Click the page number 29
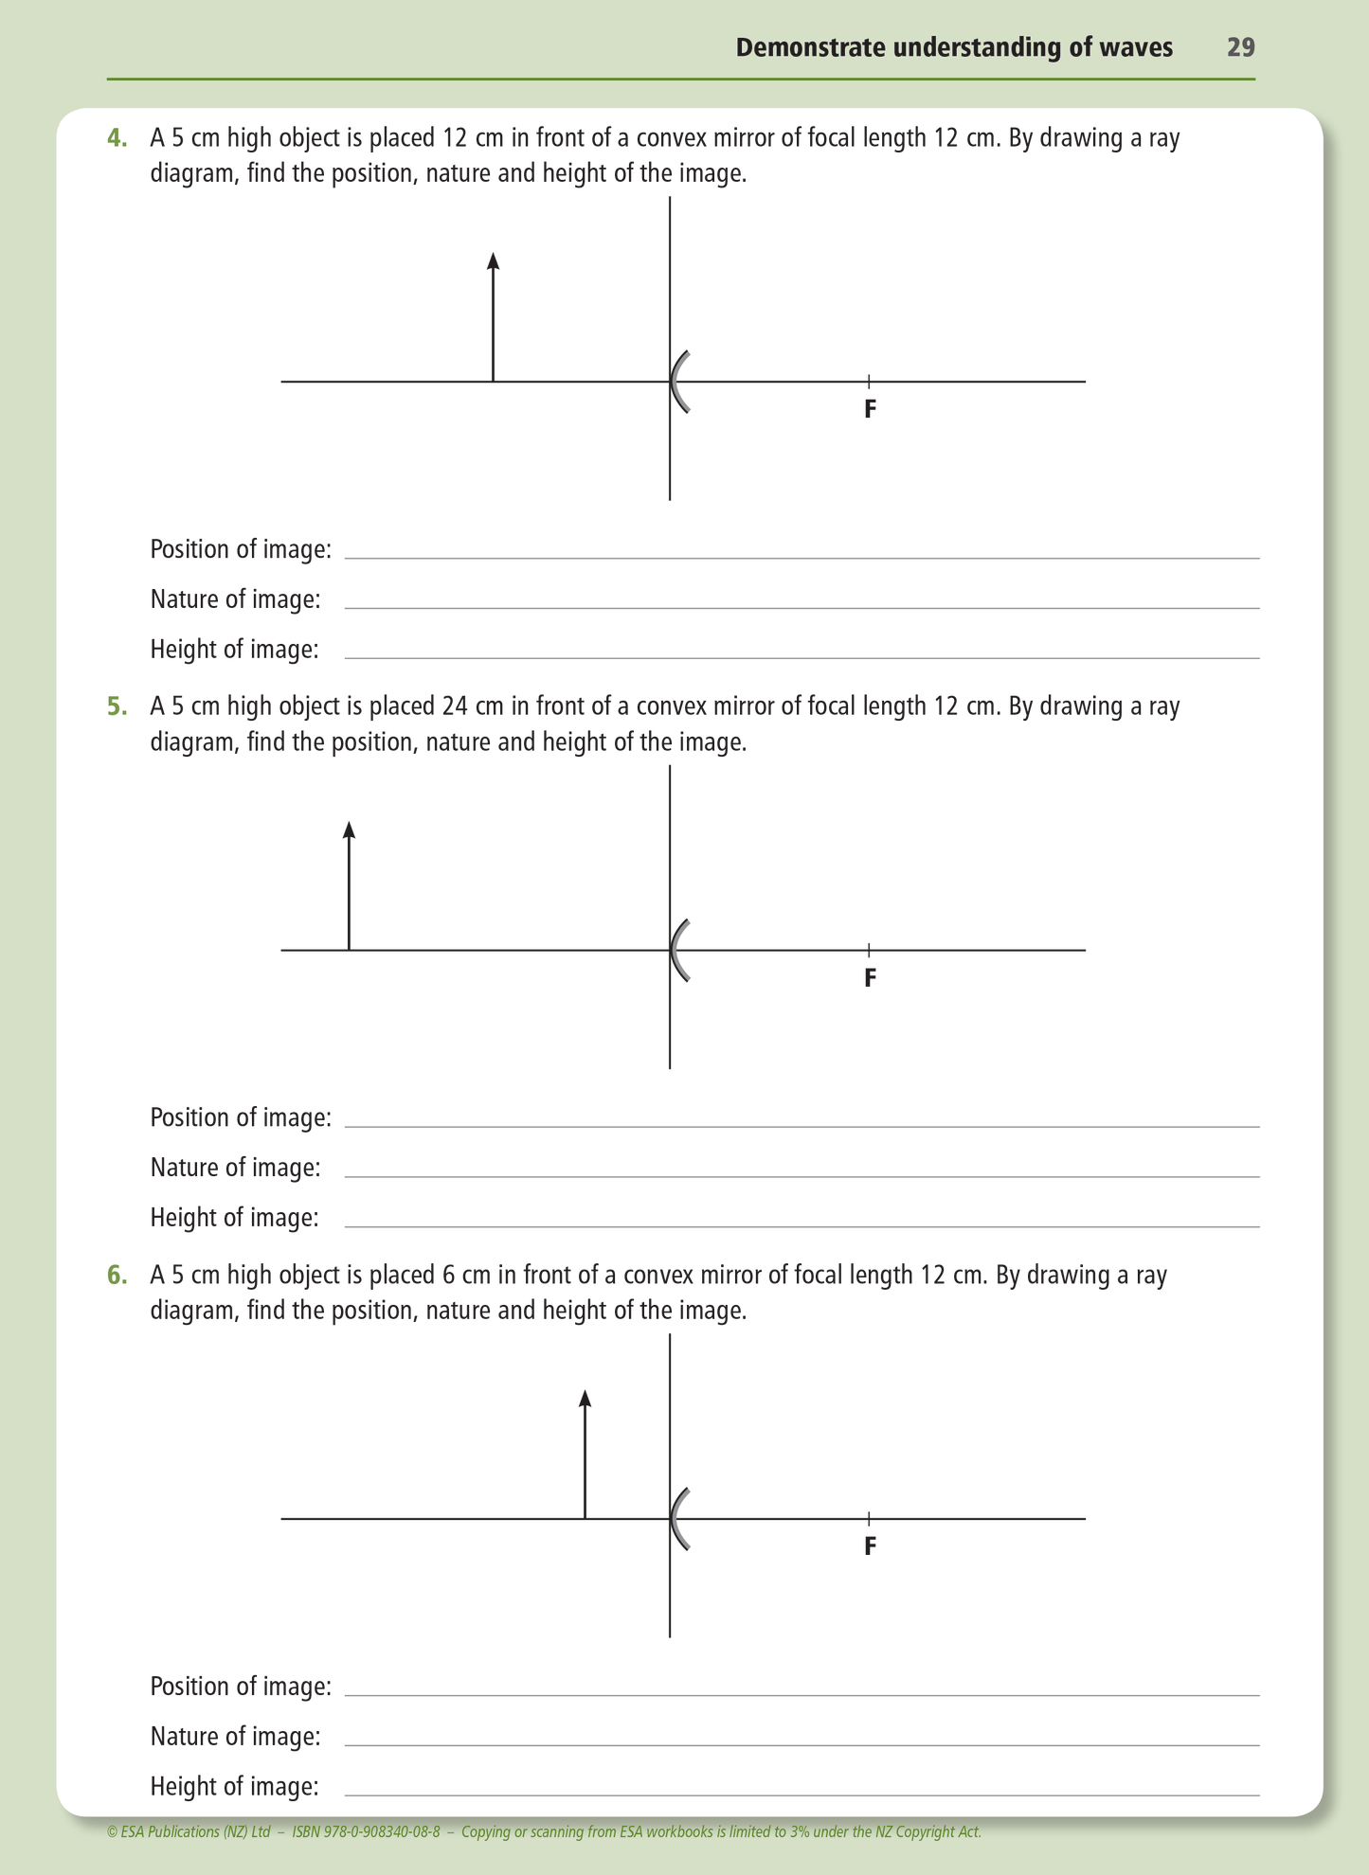pyautogui.click(x=1240, y=47)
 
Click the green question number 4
pyautogui.click(x=117, y=138)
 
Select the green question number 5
pyautogui.click(x=117, y=706)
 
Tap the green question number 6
pyautogui.click(x=117, y=1276)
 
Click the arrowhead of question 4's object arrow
pyautogui.click(x=493, y=261)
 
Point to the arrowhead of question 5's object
pyautogui.click(x=349, y=830)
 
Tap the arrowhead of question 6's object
pyautogui.click(x=585, y=1398)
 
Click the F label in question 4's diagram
pyautogui.click(x=870, y=409)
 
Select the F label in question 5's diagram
pyautogui.click(x=870, y=977)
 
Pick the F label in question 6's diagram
pyautogui.click(x=870, y=1546)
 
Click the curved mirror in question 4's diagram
pyautogui.click(x=676, y=382)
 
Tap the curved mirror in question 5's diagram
pyautogui.click(x=676, y=950)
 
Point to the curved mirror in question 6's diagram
pyautogui.click(x=676, y=1519)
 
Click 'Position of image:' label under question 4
pyautogui.click(x=241, y=549)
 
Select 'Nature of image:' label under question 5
pyautogui.click(x=235, y=1168)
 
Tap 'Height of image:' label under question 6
pyautogui.click(x=234, y=1786)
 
